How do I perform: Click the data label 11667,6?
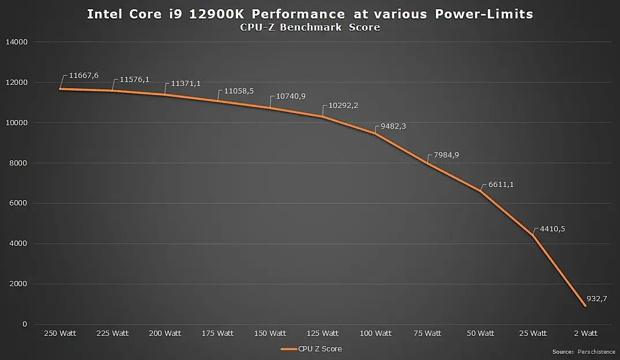click(84, 76)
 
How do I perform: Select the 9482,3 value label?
click(394, 126)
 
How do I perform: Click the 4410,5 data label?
click(551, 228)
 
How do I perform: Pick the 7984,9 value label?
click(446, 155)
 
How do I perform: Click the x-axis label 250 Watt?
click(60, 333)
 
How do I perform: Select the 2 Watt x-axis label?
click(585, 333)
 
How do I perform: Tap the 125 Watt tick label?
click(322, 333)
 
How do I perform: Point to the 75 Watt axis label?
click(428, 333)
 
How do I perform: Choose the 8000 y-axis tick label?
click(18, 163)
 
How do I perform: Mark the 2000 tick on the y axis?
click(18, 284)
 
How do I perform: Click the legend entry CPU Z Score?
click(320, 348)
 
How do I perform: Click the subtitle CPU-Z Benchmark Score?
click(310, 27)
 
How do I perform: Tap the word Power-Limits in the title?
click(485, 14)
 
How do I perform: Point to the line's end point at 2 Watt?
click(585, 306)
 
